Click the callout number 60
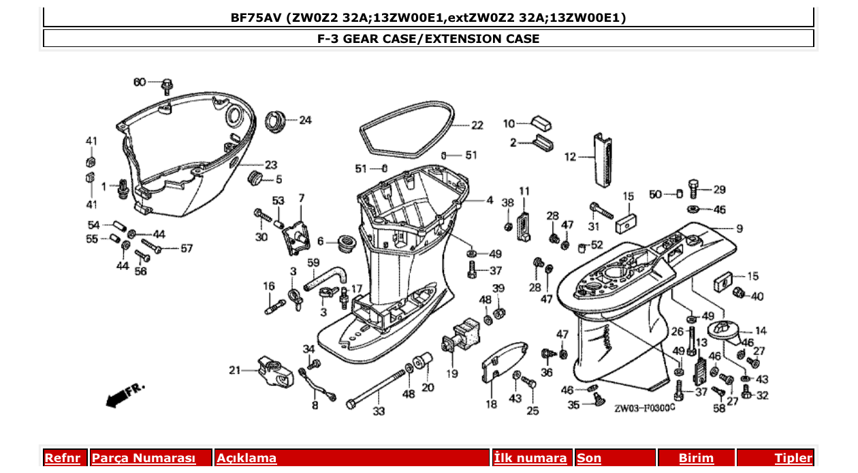139,82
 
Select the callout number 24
305,121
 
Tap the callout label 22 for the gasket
477,125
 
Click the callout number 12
570,157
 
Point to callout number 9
739,228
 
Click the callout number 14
761,331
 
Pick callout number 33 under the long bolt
379,412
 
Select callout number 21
235,371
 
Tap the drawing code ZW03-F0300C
644,409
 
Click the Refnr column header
62,458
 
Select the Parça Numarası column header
144,458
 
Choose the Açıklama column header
247,458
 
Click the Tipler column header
793,458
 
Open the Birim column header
696,458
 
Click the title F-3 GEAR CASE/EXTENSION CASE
428,39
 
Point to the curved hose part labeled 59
328,277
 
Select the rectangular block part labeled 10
541,123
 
